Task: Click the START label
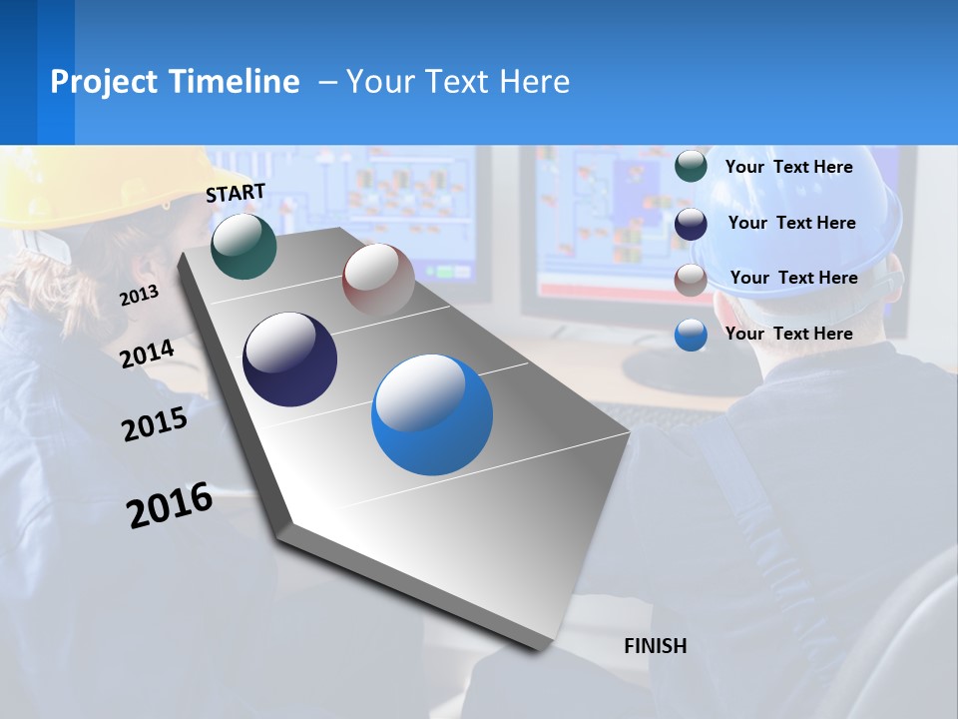pos(236,193)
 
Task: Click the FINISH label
pos(656,646)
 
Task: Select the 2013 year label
pos(139,296)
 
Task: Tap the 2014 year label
pos(147,355)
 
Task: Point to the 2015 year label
pos(155,424)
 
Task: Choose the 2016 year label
pos(170,505)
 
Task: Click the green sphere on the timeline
pos(243,246)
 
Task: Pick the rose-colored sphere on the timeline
pos(378,280)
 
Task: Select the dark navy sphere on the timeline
pos(289,359)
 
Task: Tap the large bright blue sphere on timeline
pos(432,414)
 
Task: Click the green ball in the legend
pos(691,167)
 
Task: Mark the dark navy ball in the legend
pos(691,223)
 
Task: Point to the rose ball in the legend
pos(691,279)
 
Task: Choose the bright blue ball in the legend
pos(691,335)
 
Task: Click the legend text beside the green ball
pos(788,167)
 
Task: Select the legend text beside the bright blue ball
pos(788,334)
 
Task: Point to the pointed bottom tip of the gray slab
pos(539,650)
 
